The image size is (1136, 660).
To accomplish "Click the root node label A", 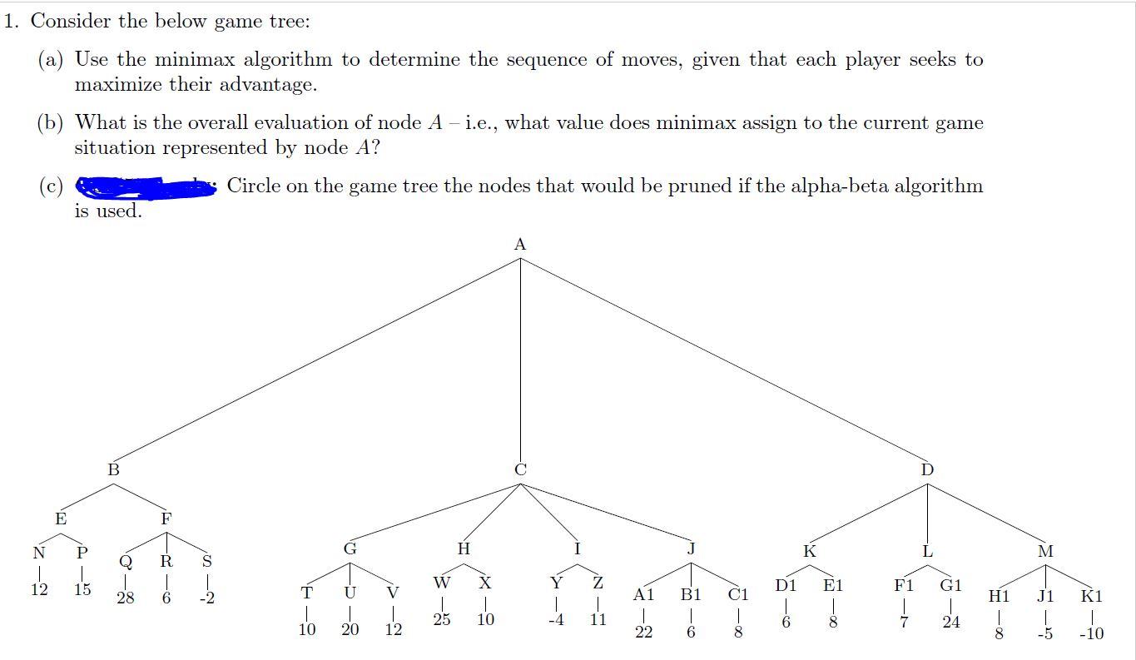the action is click(x=520, y=245).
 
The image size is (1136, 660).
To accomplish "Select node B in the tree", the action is click(x=114, y=470).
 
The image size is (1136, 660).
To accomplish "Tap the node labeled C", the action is click(x=520, y=470).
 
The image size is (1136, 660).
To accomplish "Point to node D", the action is click(x=927, y=470).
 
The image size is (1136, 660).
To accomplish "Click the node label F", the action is click(x=166, y=519).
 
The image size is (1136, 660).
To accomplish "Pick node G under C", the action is click(x=350, y=549).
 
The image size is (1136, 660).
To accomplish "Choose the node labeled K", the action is click(x=809, y=551).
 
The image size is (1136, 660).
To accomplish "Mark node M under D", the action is click(x=1045, y=551).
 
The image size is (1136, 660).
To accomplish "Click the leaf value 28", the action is click(x=125, y=598).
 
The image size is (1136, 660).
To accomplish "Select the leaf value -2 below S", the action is click(x=207, y=598).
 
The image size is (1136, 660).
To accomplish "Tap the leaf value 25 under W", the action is click(x=442, y=620).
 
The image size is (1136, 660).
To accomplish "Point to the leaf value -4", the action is click(x=555, y=620).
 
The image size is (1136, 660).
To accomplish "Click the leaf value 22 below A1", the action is click(x=643, y=633).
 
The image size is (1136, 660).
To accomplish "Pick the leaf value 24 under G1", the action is click(x=951, y=622).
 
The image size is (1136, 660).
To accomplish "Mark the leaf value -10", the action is click(x=1090, y=633).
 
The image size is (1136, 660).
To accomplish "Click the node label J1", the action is click(x=1045, y=596).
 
